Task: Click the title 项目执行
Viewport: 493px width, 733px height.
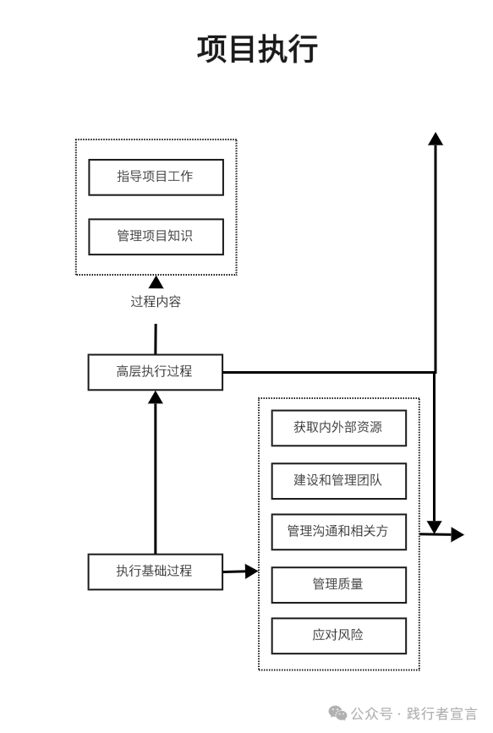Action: tap(257, 49)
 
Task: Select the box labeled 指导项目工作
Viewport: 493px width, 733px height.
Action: tap(156, 178)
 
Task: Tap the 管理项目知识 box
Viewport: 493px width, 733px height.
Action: tap(156, 237)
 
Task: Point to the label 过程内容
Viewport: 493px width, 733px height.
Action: tap(156, 302)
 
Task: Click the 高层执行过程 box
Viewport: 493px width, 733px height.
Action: tap(156, 372)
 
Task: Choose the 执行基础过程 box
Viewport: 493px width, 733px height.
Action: tap(156, 572)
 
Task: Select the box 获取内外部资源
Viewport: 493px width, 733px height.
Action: tap(338, 428)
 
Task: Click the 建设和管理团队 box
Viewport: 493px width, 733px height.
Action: tap(338, 481)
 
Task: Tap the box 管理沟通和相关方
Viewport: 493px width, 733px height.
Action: tap(338, 532)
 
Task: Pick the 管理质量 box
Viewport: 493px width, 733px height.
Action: tap(338, 585)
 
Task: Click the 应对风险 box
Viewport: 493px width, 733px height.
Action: tap(338, 636)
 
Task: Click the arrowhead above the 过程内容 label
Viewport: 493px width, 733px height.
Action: tap(156, 282)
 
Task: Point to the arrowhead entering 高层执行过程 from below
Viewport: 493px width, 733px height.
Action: tap(156, 397)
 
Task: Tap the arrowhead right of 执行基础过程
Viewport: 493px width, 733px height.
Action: tap(252, 571)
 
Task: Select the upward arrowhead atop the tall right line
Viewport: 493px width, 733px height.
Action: tap(435, 139)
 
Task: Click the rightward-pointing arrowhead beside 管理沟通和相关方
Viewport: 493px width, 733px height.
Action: tap(457, 534)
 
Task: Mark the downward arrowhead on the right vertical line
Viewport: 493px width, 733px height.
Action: tap(435, 528)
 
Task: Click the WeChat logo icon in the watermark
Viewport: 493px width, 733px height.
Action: tap(337, 714)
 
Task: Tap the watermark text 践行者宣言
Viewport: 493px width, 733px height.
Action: tap(442, 714)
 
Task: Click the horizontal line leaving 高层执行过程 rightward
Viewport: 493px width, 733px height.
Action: tap(329, 372)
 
